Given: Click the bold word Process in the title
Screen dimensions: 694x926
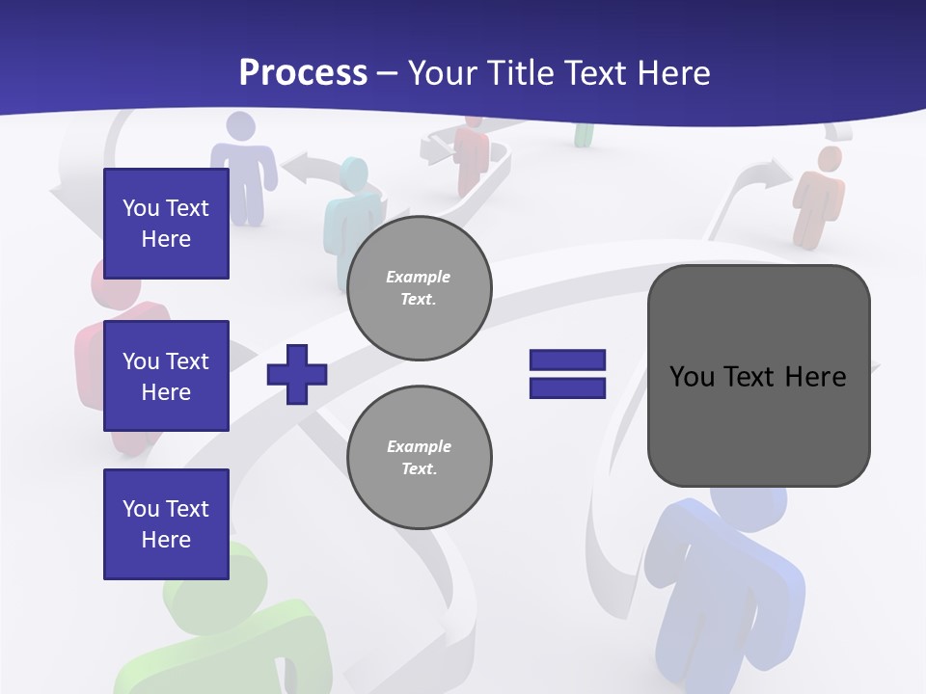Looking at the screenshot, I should coord(303,73).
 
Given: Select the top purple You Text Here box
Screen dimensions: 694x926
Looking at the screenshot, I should coord(166,224).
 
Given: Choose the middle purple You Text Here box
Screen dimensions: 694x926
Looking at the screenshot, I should coord(166,376).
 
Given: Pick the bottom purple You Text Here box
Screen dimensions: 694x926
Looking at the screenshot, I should coord(166,524).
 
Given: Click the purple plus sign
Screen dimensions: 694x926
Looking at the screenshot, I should coord(297,374).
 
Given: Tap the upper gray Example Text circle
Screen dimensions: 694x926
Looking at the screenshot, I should coord(420,288).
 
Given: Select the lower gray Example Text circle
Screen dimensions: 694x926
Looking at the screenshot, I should coord(420,458).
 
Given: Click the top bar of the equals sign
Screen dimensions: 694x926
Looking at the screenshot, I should coord(567,360).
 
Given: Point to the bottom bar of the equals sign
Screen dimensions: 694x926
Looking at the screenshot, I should coord(567,388).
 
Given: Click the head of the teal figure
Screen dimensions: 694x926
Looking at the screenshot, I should coord(353,174).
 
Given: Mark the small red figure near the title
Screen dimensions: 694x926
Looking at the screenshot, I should coord(473,154).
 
